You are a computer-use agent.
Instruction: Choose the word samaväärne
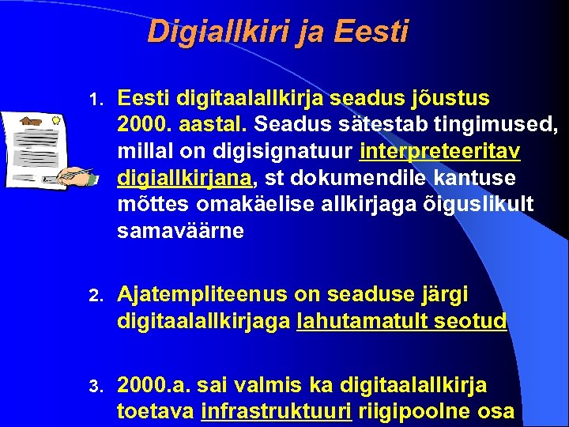click(x=181, y=231)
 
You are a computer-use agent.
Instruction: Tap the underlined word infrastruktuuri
click(x=277, y=411)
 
